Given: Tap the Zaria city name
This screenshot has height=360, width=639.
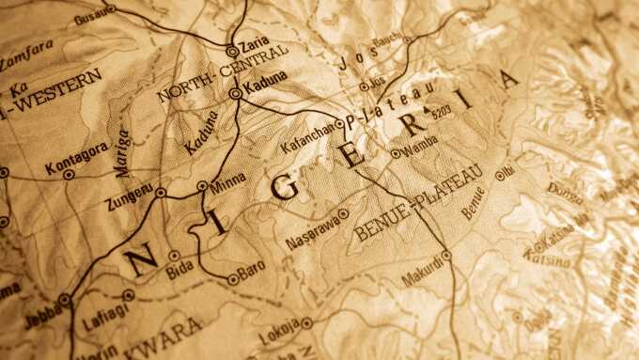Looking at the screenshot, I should click(255, 43).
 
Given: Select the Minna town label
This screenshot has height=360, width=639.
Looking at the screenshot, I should click(228, 179).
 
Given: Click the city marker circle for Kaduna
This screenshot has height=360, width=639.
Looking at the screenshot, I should click(235, 94).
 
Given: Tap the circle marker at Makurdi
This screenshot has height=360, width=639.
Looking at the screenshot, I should click(446, 255).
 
